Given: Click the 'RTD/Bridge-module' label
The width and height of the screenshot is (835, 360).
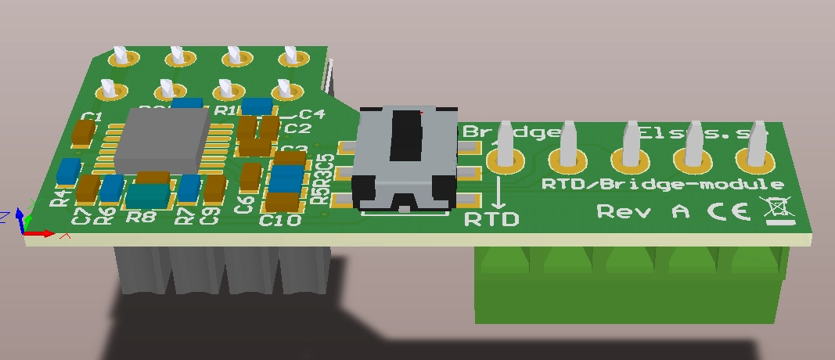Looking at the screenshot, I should (x=662, y=185).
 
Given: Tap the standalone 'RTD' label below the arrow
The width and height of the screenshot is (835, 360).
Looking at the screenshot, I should (x=491, y=218).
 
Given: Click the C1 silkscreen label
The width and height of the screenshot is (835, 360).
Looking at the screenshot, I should (x=92, y=117).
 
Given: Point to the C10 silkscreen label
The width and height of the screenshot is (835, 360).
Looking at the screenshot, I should (x=279, y=221).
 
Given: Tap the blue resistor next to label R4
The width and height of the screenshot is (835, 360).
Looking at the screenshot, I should (x=69, y=171).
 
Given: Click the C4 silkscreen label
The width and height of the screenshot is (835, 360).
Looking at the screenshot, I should (x=312, y=113).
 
